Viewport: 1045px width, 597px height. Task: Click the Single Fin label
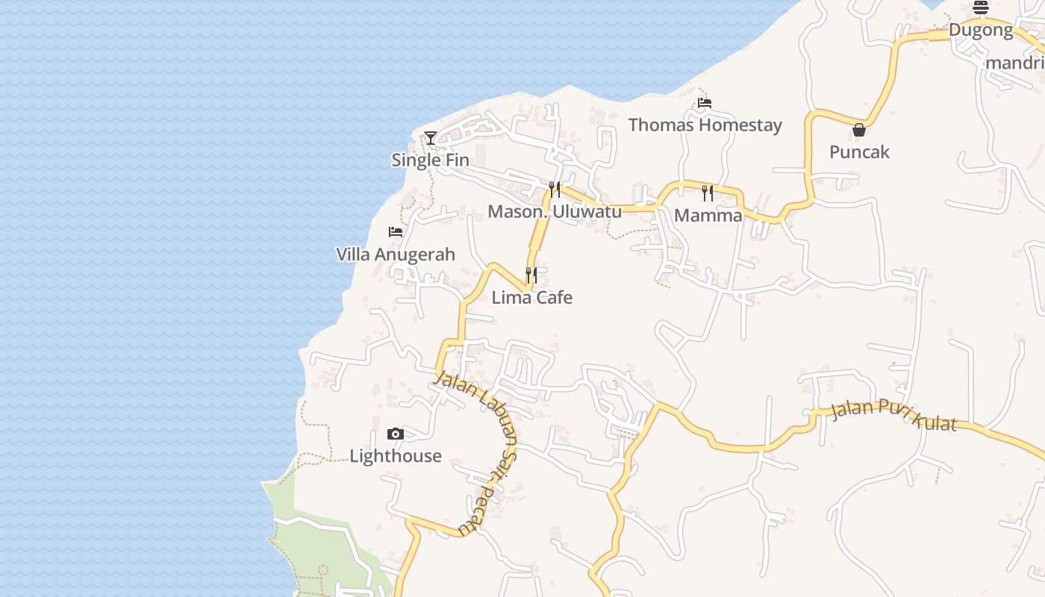click(431, 160)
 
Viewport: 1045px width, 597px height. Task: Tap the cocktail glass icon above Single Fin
click(431, 137)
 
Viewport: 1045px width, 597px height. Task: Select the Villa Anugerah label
click(396, 254)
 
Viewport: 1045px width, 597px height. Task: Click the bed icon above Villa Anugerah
click(396, 232)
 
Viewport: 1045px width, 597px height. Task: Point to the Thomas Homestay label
click(705, 125)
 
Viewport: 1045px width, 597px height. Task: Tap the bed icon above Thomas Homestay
click(705, 102)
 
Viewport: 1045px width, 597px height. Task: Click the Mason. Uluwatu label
click(555, 211)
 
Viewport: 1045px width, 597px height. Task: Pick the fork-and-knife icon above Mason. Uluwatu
click(555, 189)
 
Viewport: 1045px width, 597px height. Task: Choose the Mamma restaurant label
click(708, 216)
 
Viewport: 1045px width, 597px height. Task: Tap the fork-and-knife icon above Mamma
click(708, 193)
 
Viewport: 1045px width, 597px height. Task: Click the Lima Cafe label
click(531, 298)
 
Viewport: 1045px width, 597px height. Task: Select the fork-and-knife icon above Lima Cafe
click(531, 275)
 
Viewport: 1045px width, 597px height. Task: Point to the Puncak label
click(859, 152)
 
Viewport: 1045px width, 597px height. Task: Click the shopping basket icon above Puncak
click(859, 130)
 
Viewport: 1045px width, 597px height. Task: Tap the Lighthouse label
click(396, 456)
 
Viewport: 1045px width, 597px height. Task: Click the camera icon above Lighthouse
click(396, 434)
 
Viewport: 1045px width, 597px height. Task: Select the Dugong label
click(981, 31)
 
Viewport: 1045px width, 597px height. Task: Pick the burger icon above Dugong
click(981, 8)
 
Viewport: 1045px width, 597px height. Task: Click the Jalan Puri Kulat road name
click(893, 415)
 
